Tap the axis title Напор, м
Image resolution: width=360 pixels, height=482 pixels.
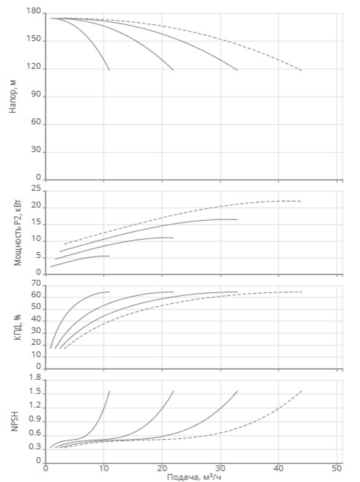pos(13,96)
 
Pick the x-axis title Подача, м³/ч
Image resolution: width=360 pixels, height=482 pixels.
pos(194,477)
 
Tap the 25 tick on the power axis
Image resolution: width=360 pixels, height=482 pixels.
pos(37,188)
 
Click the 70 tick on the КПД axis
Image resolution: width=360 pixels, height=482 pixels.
pos(36,283)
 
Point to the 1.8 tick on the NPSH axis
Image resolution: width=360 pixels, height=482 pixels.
pos(35,378)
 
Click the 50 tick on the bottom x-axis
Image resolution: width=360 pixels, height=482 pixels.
pos(337,468)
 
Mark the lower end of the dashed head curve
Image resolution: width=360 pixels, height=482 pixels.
pos(302,70)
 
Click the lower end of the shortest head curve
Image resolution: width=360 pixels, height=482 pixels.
pos(109,70)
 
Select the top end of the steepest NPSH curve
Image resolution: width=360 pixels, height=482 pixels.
pos(109,391)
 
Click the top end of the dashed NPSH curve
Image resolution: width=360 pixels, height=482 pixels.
pos(302,391)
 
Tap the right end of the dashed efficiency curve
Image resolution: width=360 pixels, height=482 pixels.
pos(302,292)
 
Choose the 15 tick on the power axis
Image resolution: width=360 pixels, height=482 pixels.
pos(37,224)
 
